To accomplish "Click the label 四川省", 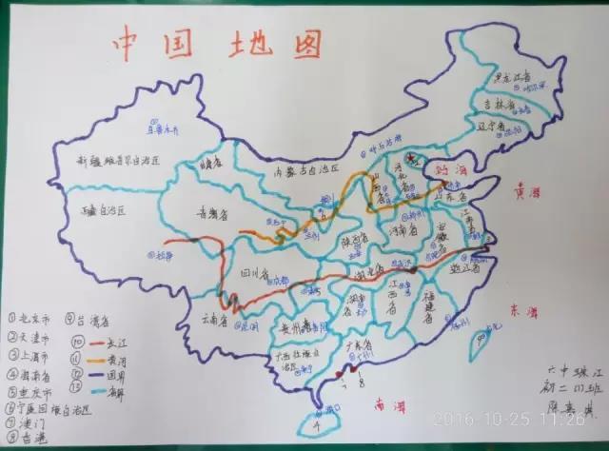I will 255,274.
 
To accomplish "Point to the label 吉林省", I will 498,104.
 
